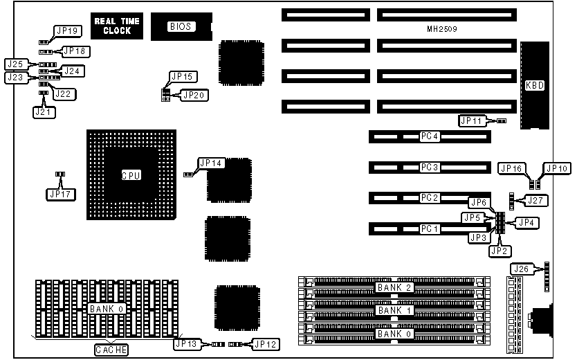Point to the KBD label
(535, 86)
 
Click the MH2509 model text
(442, 30)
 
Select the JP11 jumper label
(474, 120)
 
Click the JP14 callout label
(210, 163)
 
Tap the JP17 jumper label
(60, 194)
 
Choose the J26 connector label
(521, 269)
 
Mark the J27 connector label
(533, 200)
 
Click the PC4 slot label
(430, 136)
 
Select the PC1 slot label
(430, 228)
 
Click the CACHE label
(111, 350)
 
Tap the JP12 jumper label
(266, 343)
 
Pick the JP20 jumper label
(193, 95)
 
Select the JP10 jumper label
(556, 168)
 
